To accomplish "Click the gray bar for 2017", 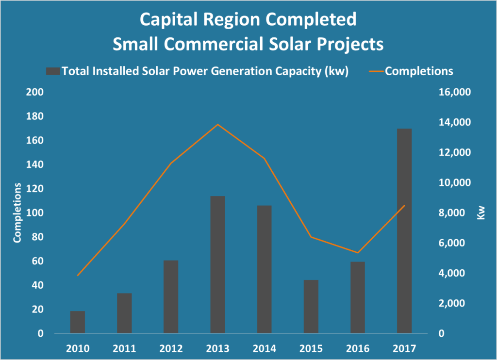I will tap(404, 231).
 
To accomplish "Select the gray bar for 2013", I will tap(217, 264).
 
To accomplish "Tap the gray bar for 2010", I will tap(78, 322).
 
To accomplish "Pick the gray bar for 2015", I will tap(311, 307).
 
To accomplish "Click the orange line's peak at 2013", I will tap(217, 125).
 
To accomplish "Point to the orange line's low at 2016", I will tap(357, 252).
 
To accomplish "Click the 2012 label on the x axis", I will tap(171, 348).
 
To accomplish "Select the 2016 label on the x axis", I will tap(357, 348).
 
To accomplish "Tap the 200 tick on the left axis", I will tap(37, 93).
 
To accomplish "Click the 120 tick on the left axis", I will tap(37, 189).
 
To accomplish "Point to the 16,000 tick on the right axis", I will tap(451, 93).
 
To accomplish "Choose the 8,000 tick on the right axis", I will tap(453, 213).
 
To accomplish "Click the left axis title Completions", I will tap(17, 213).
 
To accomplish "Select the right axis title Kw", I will tap(481, 213).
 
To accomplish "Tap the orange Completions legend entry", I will tap(418, 71).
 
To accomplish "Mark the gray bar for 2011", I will tap(124, 313).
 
